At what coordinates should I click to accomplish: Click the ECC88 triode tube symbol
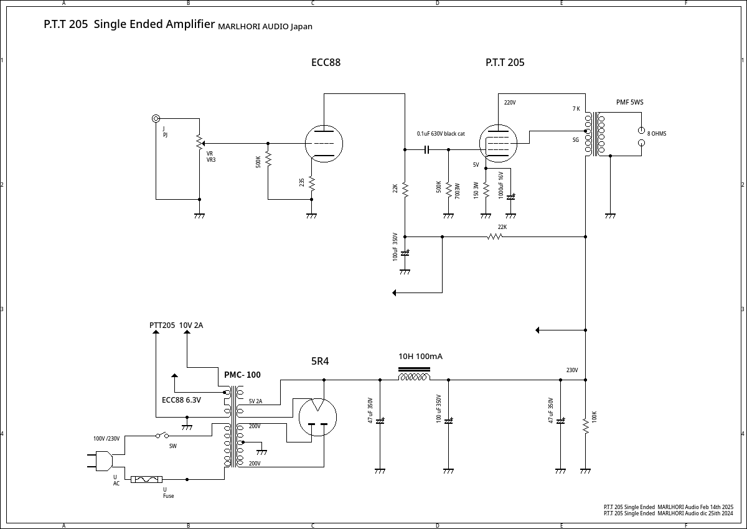coord(324,143)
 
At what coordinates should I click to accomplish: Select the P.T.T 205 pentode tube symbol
coord(499,143)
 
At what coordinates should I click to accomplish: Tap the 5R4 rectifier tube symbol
coord(317,417)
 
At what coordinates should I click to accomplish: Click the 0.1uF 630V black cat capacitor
coord(427,149)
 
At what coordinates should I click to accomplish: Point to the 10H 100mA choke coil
coord(414,376)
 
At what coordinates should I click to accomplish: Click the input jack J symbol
coord(156,118)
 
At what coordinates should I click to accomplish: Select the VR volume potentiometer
coord(199,143)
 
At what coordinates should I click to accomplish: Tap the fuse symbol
coord(147,479)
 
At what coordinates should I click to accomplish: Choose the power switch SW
coord(162,436)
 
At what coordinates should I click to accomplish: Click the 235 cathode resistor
coord(311,183)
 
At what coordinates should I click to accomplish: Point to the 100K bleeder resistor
coord(585,426)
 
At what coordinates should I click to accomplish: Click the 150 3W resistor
coord(486,189)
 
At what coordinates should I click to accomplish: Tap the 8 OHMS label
coord(657,134)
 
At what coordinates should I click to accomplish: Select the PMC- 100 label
coord(242,375)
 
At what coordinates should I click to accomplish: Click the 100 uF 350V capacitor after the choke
coord(448,421)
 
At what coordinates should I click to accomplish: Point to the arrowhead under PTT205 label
coord(156,332)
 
